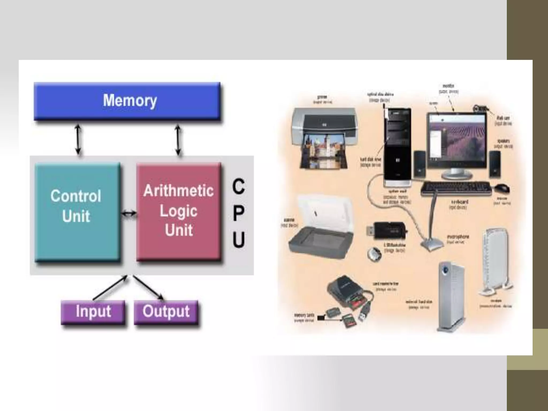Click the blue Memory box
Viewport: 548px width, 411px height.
(127, 101)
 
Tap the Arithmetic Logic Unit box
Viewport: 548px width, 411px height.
(178, 211)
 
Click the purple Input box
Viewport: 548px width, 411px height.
(93, 312)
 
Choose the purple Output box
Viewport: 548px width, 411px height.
(166, 312)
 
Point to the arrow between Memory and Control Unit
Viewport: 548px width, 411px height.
(78, 139)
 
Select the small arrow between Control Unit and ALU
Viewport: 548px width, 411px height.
(129, 213)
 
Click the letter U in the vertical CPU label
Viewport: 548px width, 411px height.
(238, 239)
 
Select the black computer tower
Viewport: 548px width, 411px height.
(398, 147)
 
